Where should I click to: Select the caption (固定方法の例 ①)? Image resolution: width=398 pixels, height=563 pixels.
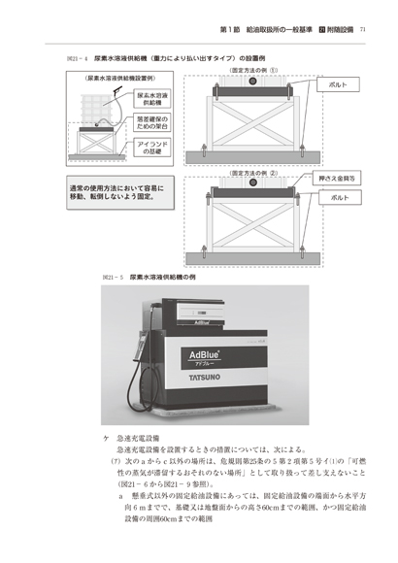click(x=253, y=70)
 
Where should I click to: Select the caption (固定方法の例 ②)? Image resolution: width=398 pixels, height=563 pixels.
click(x=253, y=172)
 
